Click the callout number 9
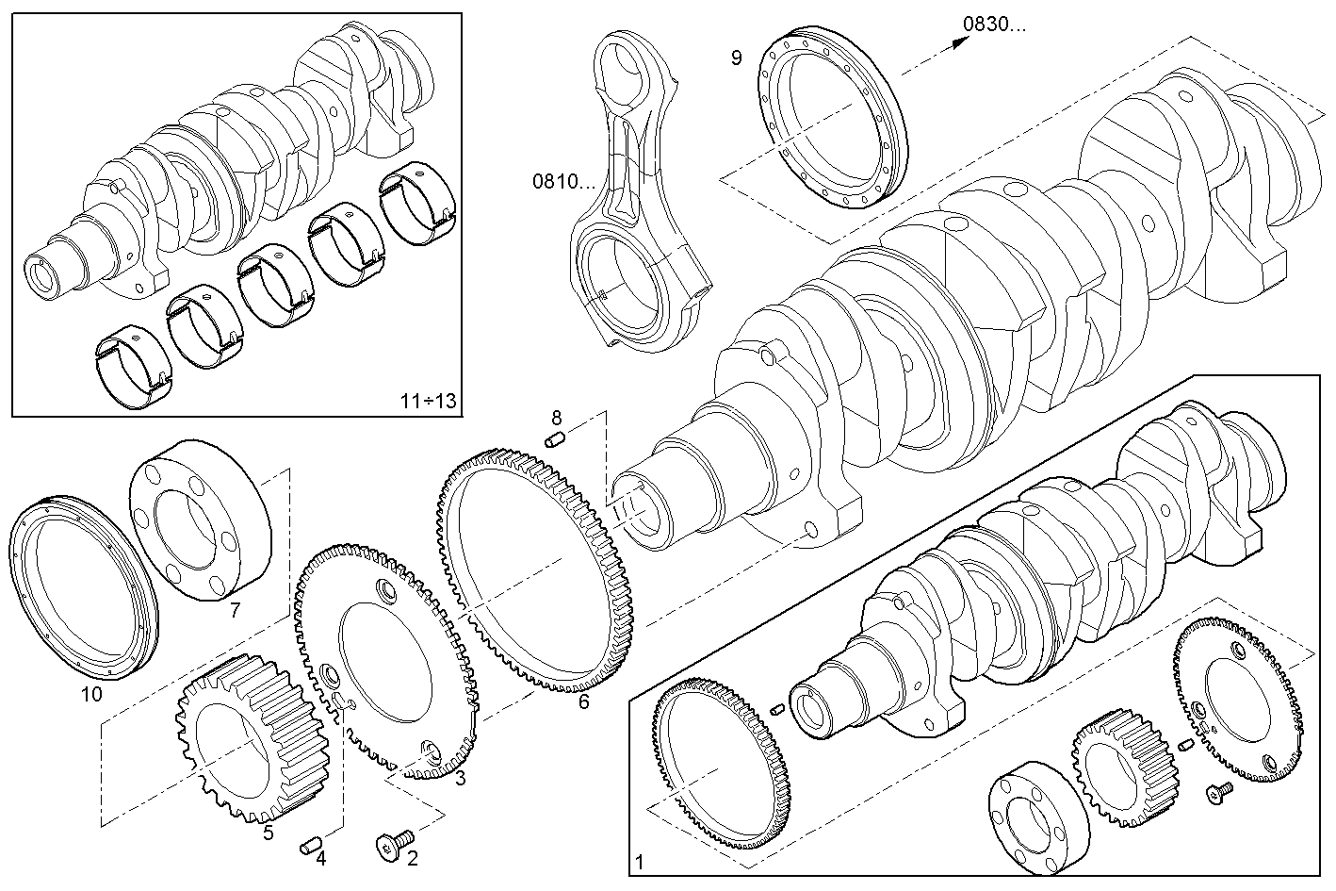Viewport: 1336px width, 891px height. coord(737,58)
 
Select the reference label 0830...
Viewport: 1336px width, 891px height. coord(995,24)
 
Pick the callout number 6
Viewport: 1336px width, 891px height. coord(583,701)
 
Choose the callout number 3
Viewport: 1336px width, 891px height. coord(460,778)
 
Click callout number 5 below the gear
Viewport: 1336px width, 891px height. coord(269,832)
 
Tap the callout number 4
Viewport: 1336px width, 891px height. coord(320,858)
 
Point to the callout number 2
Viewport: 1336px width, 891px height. coord(413,858)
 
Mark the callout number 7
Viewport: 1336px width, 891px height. coord(235,610)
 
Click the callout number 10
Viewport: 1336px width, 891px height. coord(91,695)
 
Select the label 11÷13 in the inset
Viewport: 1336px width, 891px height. coord(427,401)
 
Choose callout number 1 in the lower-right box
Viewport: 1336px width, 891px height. coord(641,862)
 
